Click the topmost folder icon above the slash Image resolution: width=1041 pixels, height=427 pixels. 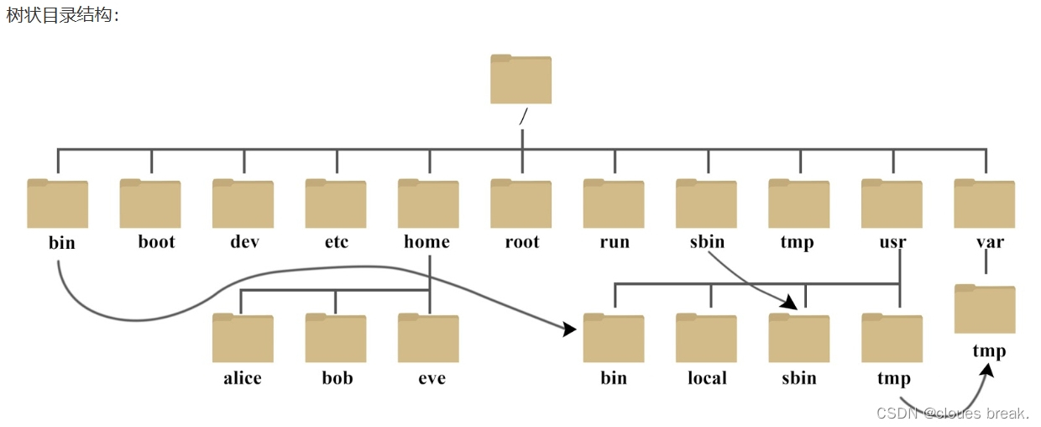click(520, 80)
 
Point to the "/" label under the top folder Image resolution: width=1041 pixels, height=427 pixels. click(523, 117)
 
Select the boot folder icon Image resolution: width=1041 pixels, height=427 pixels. click(150, 203)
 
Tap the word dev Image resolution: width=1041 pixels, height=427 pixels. click(244, 242)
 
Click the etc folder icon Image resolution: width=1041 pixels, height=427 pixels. click(336, 203)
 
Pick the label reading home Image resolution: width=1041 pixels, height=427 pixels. click(426, 242)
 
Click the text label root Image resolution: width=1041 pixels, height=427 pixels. click(521, 242)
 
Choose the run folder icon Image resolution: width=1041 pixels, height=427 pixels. click(614, 203)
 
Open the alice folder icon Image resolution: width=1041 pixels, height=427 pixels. click(243, 338)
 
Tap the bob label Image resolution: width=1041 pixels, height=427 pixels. click(337, 378)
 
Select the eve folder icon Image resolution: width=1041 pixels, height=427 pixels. click(428, 338)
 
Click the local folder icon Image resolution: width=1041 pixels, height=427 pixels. click(706, 338)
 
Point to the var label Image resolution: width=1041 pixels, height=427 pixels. click(990, 242)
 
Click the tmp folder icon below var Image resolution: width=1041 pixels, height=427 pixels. click(985, 309)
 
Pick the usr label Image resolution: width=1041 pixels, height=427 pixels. click(892, 242)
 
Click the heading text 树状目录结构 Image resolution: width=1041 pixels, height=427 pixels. click(63, 16)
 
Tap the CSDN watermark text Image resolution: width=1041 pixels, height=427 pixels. click(952, 413)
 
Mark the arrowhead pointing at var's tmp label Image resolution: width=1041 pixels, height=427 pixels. click(988, 368)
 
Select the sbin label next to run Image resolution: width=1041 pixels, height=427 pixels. click(706, 242)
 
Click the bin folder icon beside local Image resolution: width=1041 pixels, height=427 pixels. click(614, 338)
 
